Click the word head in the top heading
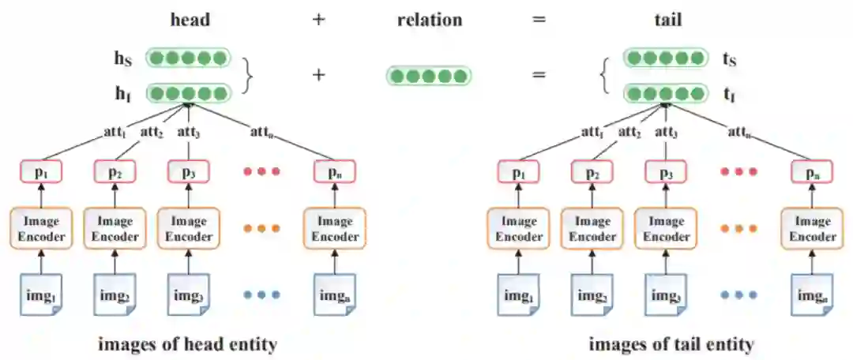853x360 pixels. pos(190,20)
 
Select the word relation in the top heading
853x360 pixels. pos(429,20)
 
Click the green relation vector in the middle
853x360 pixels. pos(429,76)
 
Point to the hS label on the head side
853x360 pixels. pos(122,58)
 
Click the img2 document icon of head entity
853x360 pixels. pos(114,298)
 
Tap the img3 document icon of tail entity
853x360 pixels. pos(666,298)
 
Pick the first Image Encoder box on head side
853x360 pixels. pos(38,228)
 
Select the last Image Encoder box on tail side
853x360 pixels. pos(813,228)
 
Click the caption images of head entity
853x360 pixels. pos(188,344)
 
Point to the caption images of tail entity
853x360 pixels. pos(671,344)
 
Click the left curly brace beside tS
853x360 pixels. pos(605,76)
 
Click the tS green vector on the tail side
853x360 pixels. pos(664,58)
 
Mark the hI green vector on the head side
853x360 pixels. pos(189,94)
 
